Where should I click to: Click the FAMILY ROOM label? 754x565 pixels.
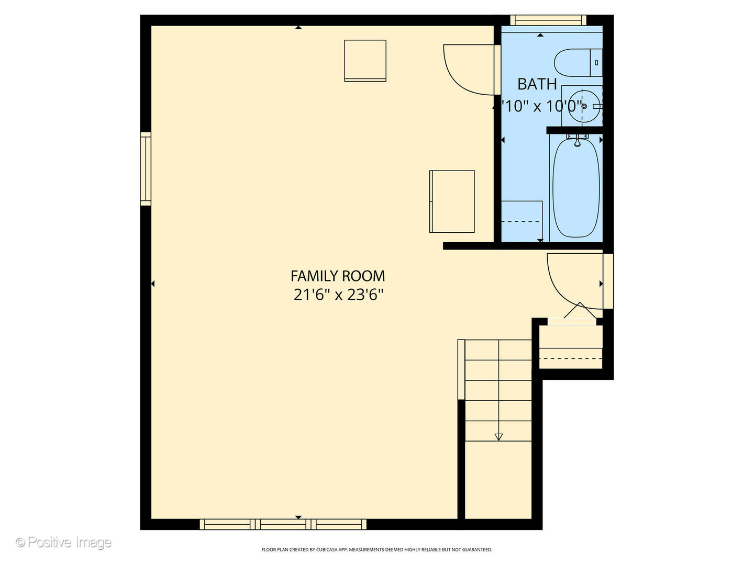pyautogui.click(x=338, y=276)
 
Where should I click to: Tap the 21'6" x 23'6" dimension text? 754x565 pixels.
pyautogui.click(x=338, y=295)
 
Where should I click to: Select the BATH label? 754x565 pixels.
pyautogui.click(x=537, y=84)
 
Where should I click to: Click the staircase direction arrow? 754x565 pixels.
pyautogui.click(x=498, y=436)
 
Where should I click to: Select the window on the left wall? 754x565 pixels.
pyautogui.click(x=146, y=168)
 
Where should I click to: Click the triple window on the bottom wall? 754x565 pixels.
pyautogui.click(x=283, y=524)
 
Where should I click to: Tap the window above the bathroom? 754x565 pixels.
pyautogui.click(x=548, y=20)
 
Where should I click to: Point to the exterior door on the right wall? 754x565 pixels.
pyautogui.click(x=608, y=281)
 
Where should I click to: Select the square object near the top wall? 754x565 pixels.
pyautogui.click(x=365, y=61)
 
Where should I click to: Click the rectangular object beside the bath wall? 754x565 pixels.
pyautogui.click(x=452, y=201)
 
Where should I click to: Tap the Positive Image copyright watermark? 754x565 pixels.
pyautogui.click(x=63, y=542)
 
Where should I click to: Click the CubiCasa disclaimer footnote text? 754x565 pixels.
pyautogui.click(x=376, y=550)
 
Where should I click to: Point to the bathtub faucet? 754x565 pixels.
pyautogui.click(x=577, y=140)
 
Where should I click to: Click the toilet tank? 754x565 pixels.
pyautogui.click(x=596, y=63)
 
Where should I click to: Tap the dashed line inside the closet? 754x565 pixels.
pyautogui.click(x=571, y=358)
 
